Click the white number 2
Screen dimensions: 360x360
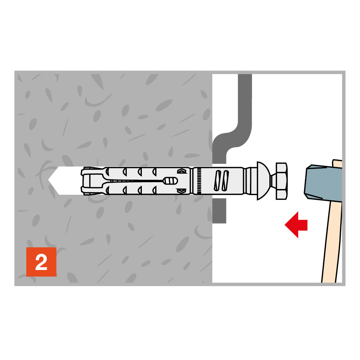(x=41, y=262)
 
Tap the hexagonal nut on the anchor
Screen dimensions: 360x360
(x=282, y=181)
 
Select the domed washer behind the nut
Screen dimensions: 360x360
(x=264, y=181)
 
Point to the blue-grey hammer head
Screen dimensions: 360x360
(x=323, y=183)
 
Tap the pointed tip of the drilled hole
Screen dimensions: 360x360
(x=49, y=180)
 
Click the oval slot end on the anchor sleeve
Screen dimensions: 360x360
(x=170, y=181)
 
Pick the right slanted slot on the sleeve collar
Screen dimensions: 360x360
(x=225, y=181)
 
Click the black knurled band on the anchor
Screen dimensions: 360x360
(x=199, y=181)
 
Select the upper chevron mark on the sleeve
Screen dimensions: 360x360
(x=181, y=171)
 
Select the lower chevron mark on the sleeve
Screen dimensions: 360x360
(x=181, y=190)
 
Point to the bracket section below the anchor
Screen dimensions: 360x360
(x=219, y=211)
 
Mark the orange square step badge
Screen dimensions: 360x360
(x=41, y=262)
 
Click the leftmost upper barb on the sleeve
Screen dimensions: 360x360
(x=107, y=171)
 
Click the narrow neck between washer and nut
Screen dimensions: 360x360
(x=274, y=181)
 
